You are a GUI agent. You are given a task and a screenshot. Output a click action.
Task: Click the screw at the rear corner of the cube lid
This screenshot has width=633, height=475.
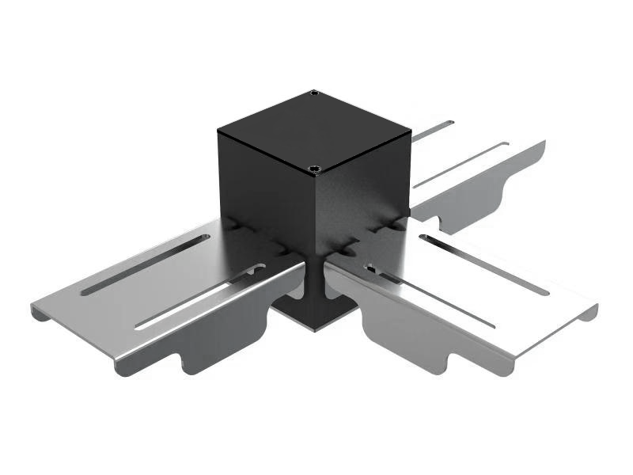pyautogui.click(x=315, y=94)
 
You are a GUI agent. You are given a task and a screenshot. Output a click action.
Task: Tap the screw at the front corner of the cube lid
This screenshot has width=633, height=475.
pyautogui.click(x=315, y=169)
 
